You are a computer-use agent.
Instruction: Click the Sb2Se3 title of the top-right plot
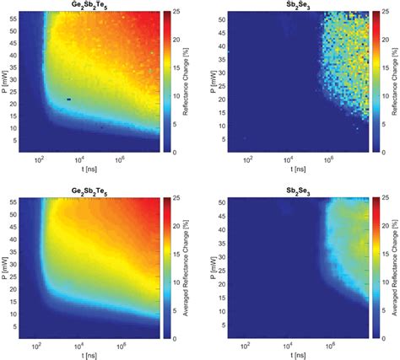pyautogui.click(x=294, y=6)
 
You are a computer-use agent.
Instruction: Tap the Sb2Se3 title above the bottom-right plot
pyautogui.click(x=294, y=192)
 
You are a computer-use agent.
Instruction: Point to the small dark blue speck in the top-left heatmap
pyautogui.click(x=68, y=99)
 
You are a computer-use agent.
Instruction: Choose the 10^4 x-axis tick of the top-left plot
pyautogui.click(x=78, y=160)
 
